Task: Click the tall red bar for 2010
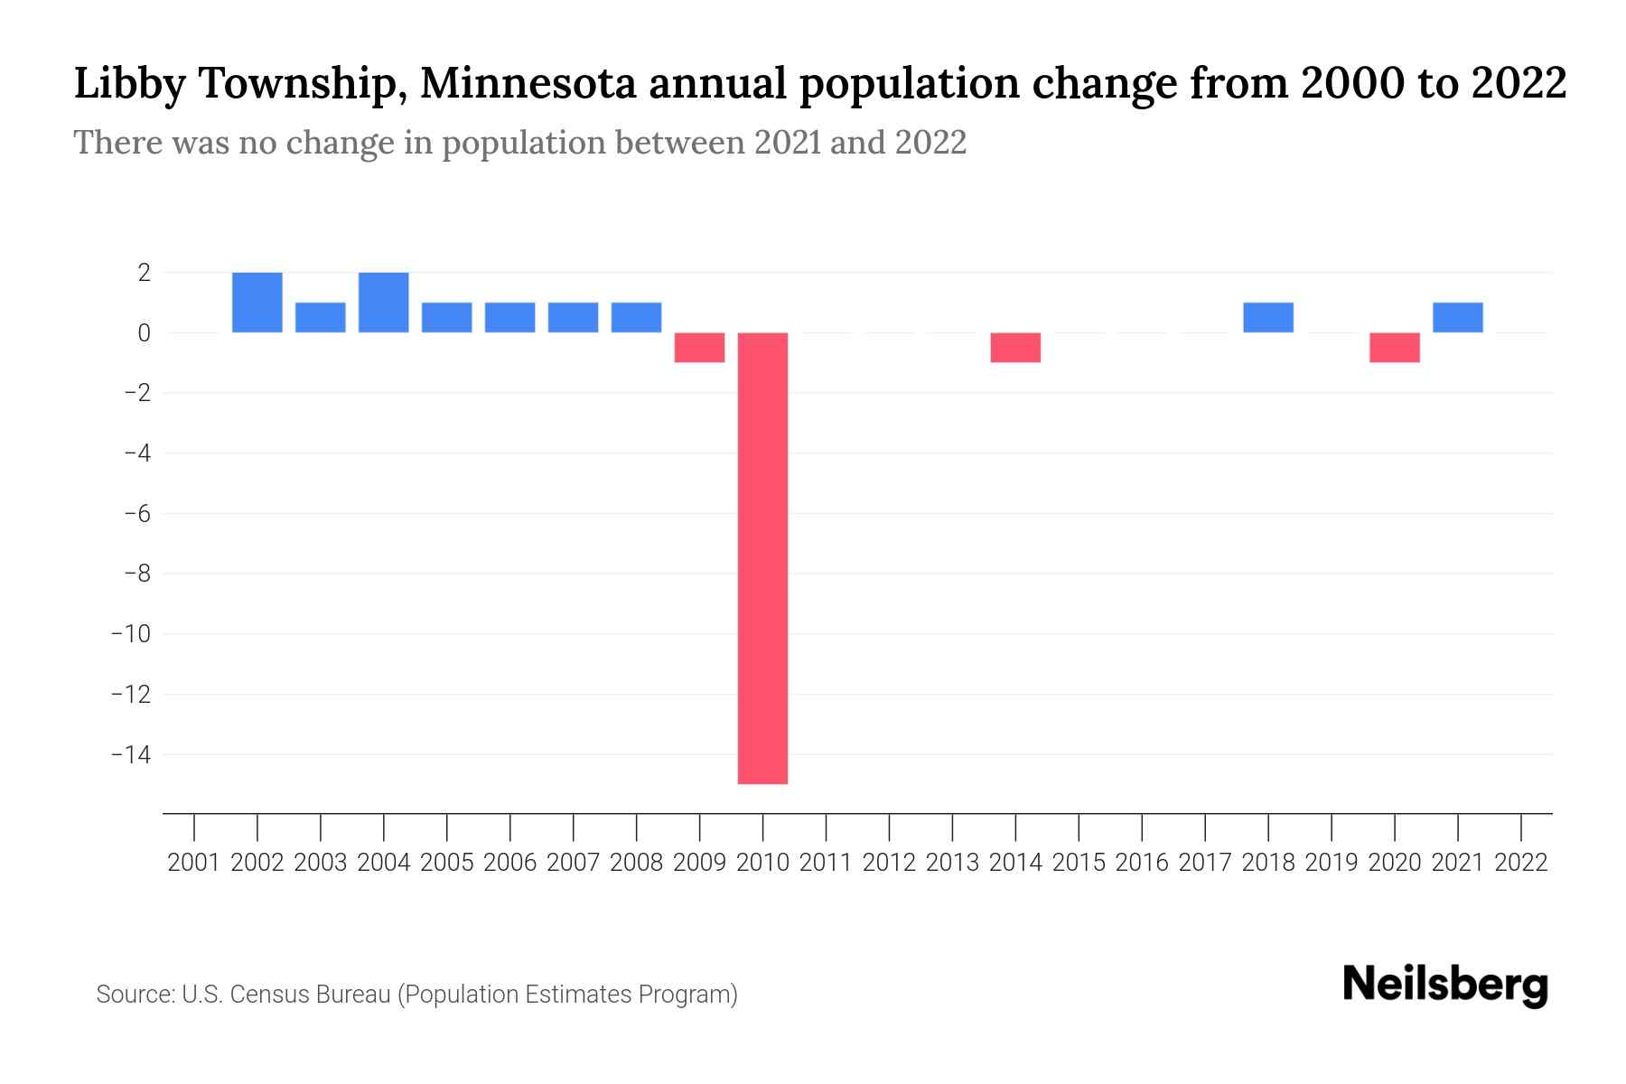762,557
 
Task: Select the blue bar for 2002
257,303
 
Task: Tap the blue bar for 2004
384,303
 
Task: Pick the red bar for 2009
700,348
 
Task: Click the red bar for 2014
1015,348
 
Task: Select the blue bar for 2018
1268,317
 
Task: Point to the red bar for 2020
1395,348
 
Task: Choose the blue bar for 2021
1458,317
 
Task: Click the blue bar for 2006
510,317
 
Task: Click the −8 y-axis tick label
136,574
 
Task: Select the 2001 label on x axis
194,863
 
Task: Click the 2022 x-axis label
1521,863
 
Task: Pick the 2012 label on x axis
889,863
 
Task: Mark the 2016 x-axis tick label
1142,863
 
